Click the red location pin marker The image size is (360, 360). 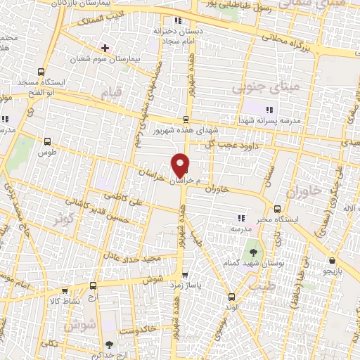(x=181, y=165)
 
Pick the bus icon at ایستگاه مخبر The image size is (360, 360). (x=277, y=209)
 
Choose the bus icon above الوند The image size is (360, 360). (x=233, y=297)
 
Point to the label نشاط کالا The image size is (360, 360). (x=70, y=301)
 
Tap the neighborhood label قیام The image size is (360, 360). (x=111, y=93)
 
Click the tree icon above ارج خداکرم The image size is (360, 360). (x=108, y=344)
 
